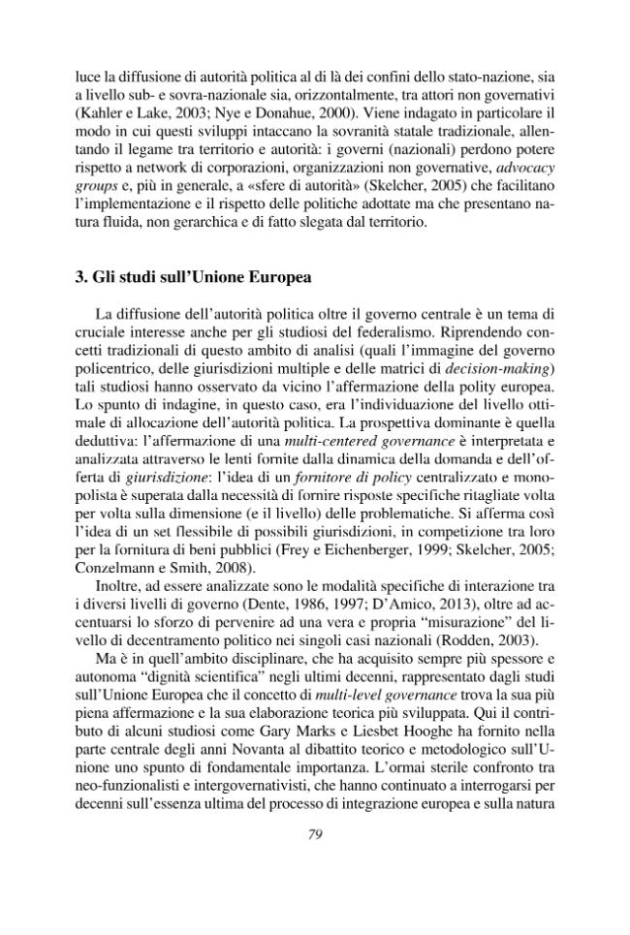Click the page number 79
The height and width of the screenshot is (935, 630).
click(x=314, y=891)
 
